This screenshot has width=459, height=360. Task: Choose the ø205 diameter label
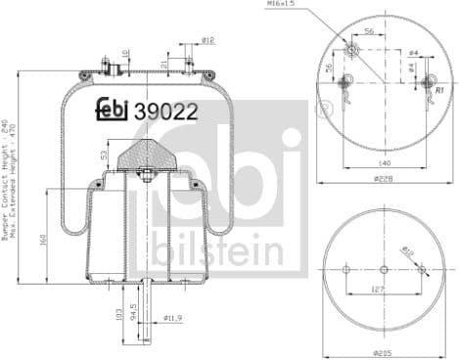pos(383,351)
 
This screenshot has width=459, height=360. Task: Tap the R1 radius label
pos(440,89)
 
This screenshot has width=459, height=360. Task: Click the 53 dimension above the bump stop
pos(104,154)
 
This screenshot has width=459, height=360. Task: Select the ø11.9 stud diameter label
pos(172,318)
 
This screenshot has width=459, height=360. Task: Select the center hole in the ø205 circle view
pos(383,270)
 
